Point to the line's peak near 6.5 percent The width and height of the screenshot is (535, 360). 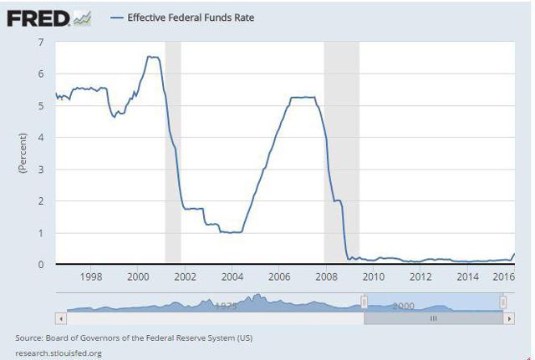tap(152, 57)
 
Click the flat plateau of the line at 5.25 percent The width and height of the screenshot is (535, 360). tap(302, 98)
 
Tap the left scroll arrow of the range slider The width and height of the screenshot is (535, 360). tap(59, 318)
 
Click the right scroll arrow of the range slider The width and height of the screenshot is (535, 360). tap(508, 318)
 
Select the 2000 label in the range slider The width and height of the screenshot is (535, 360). tap(403, 307)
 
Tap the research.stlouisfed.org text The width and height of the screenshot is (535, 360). tap(59, 352)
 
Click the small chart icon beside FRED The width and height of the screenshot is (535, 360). tap(81, 18)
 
